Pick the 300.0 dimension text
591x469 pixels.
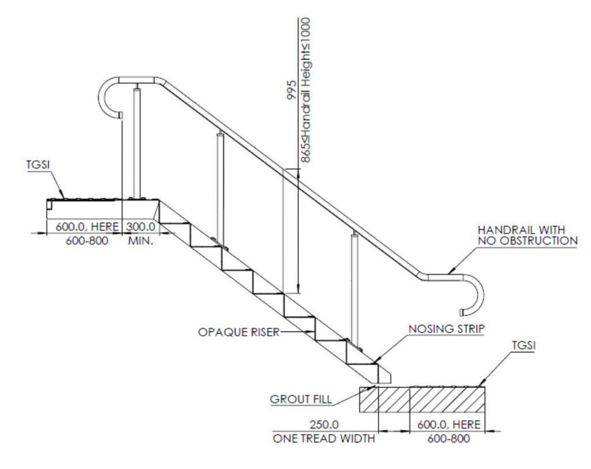pyautogui.click(x=141, y=227)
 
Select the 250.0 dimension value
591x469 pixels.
pyautogui.click(x=323, y=425)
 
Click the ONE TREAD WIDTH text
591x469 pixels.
pyautogui.click(x=323, y=438)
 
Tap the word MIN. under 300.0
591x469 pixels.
pyautogui.click(x=140, y=241)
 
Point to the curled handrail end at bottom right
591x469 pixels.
pyautogui.click(x=475, y=294)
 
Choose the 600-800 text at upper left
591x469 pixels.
pyautogui.click(x=83, y=241)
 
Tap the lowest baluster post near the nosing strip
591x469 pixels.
pyautogui.click(x=354, y=288)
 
